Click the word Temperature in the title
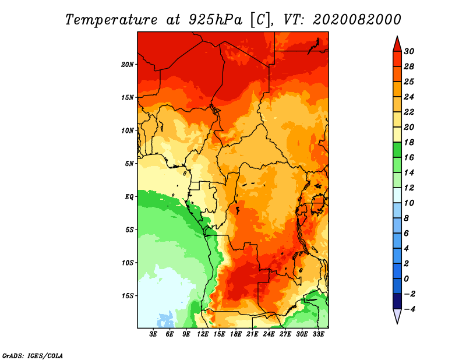(111, 20)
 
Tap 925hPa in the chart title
(216, 20)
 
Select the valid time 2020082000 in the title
(357, 20)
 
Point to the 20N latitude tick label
(128, 64)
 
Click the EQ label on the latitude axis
(129, 197)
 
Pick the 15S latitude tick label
(128, 296)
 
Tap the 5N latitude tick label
(129, 164)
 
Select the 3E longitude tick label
(153, 334)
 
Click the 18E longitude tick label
(236, 334)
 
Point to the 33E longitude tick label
(318, 334)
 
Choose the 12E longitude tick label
(203, 334)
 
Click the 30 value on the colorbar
(409, 51)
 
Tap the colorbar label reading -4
(409, 309)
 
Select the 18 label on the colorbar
(409, 142)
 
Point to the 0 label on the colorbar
(406, 279)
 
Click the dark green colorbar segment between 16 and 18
(397, 150)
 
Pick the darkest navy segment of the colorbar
(397, 301)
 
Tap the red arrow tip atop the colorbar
(397, 37)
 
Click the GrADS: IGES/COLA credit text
(33, 356)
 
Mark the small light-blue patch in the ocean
(166, 320)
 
